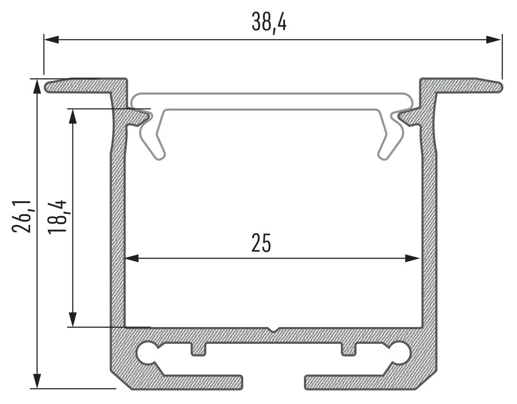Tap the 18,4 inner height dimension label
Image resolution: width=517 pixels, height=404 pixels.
coord(57,216)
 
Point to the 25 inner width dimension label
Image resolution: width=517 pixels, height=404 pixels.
coord(261,244)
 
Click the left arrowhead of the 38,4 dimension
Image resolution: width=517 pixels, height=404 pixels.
coord(51,40)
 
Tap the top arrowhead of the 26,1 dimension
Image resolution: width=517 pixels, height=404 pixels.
coord(38,86)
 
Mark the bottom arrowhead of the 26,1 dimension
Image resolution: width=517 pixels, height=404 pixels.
coord(38,381)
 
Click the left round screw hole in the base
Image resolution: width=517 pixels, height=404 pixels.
coord(148,353)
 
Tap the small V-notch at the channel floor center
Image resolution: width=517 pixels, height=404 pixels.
coord(272,330)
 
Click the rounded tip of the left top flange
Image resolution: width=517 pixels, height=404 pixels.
coord(47,87)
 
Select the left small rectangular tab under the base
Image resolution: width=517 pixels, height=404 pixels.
coord(198,349)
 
